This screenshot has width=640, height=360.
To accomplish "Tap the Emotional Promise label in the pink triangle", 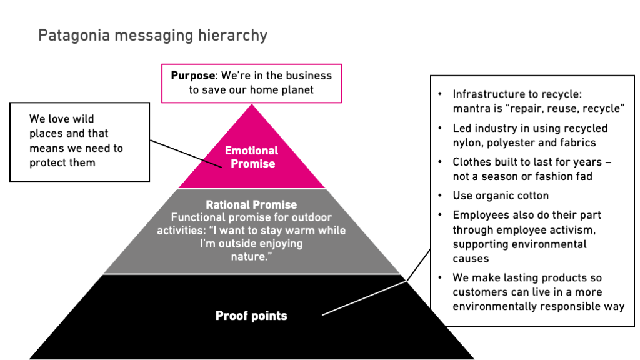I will [251, 157].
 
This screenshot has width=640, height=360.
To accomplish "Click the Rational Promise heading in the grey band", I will [251, 204].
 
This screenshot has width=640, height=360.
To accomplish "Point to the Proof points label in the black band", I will [251, 316].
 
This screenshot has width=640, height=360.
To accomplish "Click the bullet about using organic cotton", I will [501, 196].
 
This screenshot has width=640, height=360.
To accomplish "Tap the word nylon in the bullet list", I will [468, 142].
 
